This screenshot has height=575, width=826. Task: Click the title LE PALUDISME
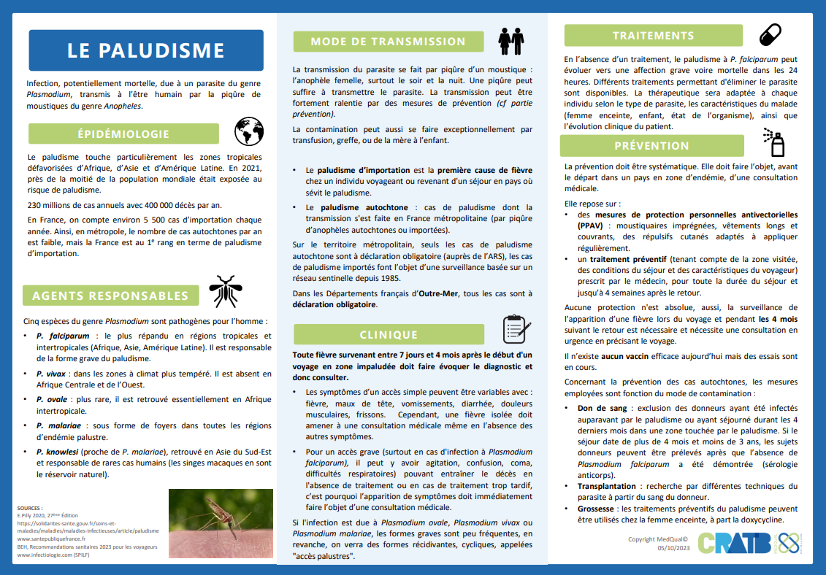(x=145, y=50)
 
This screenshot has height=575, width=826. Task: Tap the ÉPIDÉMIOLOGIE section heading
(x=123, y=134)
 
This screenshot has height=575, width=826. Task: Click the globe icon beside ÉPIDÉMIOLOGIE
(x=248, y=132)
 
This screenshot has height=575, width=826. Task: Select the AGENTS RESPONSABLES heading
(x=110, y=296)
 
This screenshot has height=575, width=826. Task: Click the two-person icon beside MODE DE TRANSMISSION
(x=510, y=42)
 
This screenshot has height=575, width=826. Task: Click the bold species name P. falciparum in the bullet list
(x=56, y=335)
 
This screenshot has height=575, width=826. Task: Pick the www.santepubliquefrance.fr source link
(x=51, y=539)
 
